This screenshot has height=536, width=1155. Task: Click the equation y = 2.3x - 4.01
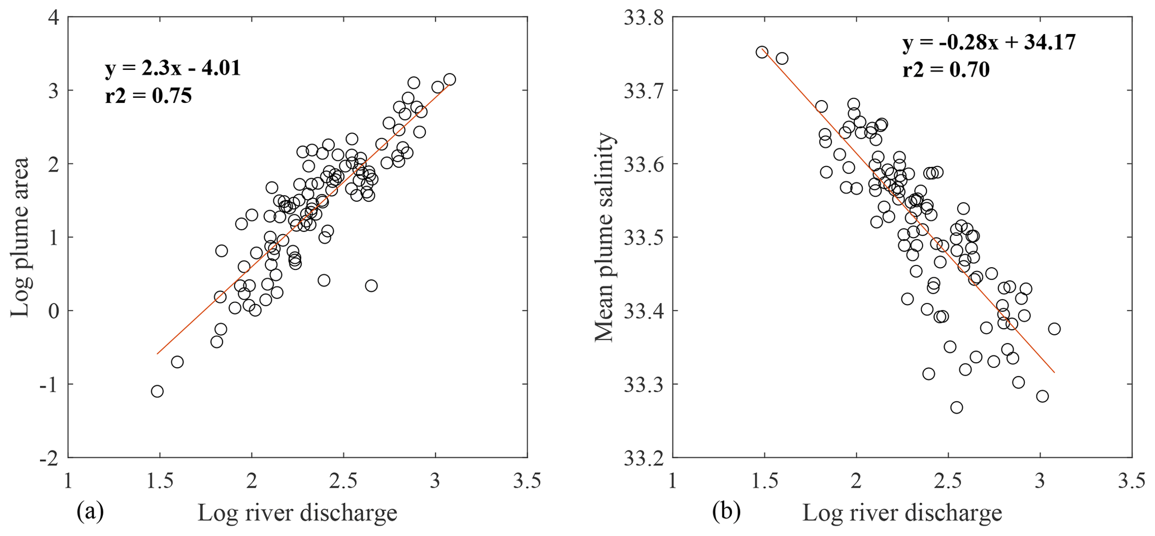tap(173, 68)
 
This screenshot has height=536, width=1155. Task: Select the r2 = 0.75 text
tap(148, 96)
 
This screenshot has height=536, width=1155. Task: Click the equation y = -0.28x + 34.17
tap(989, 42)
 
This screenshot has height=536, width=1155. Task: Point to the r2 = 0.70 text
tap(946, 70)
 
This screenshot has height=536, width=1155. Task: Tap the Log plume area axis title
tap(20, 237)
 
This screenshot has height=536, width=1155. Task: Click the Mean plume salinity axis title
tap(604, 237)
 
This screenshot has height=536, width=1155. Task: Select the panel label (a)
tap(90, 511)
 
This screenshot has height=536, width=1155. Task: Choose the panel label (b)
tap(726, 511)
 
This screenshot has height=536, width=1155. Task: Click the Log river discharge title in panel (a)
tap(297, 513)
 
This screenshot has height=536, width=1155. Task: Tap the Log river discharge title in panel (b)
tap(902, 513)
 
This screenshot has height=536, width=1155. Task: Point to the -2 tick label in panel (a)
tap(49, 458)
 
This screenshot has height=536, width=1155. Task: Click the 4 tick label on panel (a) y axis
tap(54, 17)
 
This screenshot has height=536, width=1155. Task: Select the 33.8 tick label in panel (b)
tap(643, 17)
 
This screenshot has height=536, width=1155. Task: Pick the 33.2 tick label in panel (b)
tap(643, 458)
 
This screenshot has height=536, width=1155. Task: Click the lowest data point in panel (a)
tap(157, 391)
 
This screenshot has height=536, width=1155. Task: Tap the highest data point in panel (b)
tap(762, 52)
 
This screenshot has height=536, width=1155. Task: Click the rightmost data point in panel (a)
tap(449, 79)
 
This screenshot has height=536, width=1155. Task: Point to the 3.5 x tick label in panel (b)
tap(1132, 481)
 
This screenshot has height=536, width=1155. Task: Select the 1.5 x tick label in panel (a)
tap(160, 481)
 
